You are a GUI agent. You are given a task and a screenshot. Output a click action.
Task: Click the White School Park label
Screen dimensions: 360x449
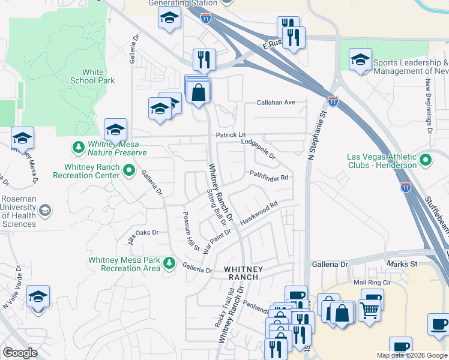[x=92, y=76]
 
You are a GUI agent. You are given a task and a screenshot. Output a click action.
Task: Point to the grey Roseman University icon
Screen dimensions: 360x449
[x=44, y=211]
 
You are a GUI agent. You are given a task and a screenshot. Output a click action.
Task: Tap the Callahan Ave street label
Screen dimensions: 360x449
[x=276, y=103]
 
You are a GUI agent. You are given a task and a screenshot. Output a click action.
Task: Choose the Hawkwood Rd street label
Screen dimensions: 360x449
[x=259, y=213]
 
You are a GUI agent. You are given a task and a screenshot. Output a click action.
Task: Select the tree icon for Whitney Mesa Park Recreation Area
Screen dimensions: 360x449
[x=169, y=263]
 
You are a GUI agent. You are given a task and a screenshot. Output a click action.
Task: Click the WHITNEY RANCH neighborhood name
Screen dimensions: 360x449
[x=241, y=273]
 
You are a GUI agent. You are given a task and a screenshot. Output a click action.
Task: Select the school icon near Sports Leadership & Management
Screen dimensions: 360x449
[x=360, y=60]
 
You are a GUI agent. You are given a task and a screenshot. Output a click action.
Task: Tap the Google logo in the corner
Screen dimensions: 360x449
[x=20, y=353]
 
